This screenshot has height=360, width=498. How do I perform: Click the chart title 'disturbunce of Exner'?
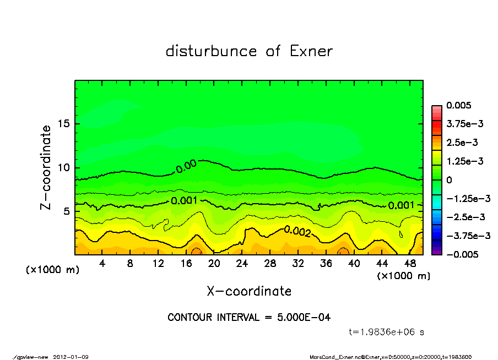(x=249, y=51)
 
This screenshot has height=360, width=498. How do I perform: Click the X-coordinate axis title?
(x=249, y=291)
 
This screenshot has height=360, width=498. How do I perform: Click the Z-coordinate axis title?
(x=46, y=167)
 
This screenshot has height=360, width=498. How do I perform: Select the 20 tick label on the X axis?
(x=214, y=264)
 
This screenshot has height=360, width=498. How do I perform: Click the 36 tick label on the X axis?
(x=326, y=264)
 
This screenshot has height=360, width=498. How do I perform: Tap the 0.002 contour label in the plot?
(x=297, y=231)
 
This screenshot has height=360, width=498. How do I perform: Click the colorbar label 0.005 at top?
(x=459, y=106)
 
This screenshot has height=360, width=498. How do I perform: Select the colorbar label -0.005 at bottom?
(x=461, y=254)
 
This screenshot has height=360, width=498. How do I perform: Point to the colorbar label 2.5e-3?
(x=462, y=143)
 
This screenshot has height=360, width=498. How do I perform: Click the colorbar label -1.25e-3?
(x=464, y=198)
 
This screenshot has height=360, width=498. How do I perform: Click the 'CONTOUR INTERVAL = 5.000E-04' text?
(x=249, y=318)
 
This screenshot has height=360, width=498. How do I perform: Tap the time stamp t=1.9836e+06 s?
(x=386, y=332)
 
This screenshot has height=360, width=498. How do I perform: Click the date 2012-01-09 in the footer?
(x=71, y=357)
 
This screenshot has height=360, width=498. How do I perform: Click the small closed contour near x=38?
(x=343, y=252)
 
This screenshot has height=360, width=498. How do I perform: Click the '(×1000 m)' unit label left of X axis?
(x=49, y=270)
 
